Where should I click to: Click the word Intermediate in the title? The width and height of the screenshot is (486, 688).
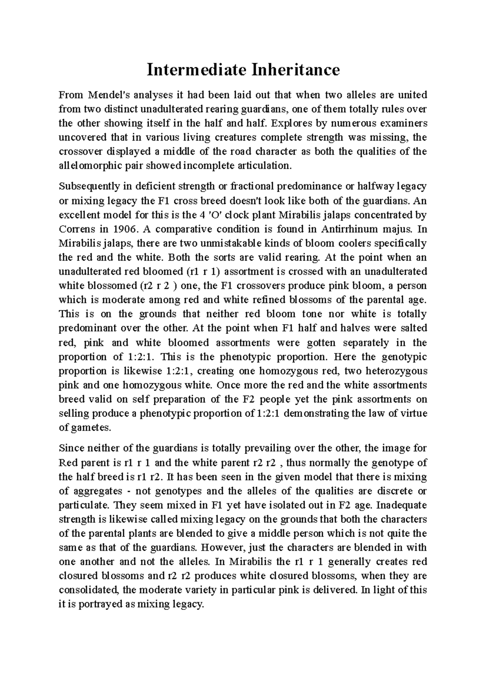point(196,70)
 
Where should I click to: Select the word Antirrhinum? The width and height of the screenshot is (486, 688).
point(349,229)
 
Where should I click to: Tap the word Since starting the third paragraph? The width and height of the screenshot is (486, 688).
point(72,449)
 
